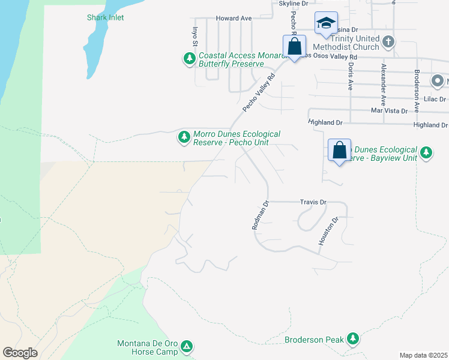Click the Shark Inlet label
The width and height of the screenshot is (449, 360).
(105, 17)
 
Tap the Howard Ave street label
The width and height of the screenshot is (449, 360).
(234, 19)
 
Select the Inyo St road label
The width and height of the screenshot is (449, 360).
(194, 37)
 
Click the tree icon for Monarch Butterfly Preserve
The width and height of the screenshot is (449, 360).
(190, 58)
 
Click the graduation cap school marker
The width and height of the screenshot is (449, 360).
(326, 23)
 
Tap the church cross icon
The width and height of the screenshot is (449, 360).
(389, 42)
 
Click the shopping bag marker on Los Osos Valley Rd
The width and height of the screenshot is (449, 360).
(295, 46)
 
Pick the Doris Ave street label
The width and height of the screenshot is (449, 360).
(350, 77)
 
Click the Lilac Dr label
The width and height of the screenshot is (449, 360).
(435, 99)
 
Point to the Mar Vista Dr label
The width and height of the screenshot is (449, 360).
(389, 110)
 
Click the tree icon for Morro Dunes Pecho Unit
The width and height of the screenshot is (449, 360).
(184, 138)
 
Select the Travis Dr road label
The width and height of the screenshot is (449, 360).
(312, 203)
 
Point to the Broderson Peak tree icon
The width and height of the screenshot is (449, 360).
(353, 340)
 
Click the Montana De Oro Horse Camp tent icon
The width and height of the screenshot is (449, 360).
(187, 346)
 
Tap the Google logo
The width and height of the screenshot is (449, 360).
(20, 352)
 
